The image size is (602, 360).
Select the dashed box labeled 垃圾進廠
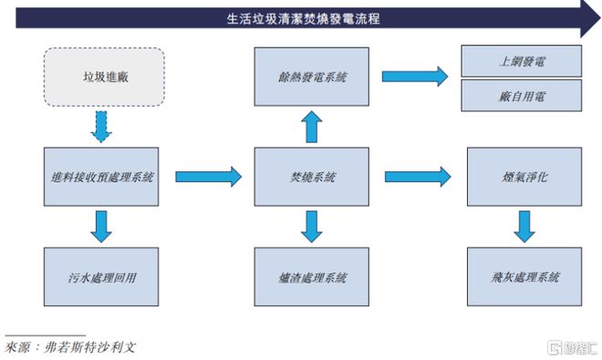[103, 77]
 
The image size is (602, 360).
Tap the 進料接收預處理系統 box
[101, 177]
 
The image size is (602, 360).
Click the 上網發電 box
[522, 61]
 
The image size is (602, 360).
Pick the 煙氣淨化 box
[522, 177]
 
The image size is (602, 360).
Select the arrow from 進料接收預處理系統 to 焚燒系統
[207, 177]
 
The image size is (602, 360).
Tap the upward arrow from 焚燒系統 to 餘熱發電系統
[312, 128]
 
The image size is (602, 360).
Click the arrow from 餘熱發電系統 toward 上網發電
[415, 77]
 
